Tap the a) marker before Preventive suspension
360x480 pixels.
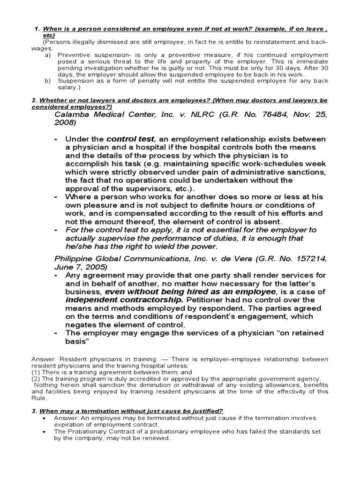point(48,55)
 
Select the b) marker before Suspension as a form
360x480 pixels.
point(48,81)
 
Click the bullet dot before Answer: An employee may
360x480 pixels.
point(43,418)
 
